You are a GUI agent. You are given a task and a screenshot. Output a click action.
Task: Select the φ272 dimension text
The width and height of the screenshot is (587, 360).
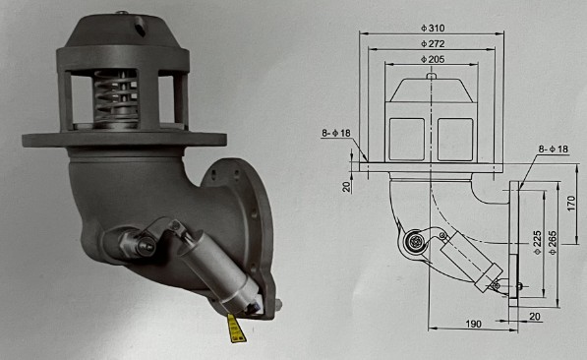point(432,43)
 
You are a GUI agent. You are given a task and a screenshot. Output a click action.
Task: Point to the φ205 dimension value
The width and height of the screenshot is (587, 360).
point(433,60)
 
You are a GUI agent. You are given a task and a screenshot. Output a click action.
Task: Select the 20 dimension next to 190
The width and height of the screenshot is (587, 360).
point(534,317)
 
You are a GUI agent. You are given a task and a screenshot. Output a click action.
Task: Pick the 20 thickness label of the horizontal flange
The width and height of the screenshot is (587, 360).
point(348,186)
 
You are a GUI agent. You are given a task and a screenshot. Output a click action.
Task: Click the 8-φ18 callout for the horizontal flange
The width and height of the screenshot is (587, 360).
point(336,132)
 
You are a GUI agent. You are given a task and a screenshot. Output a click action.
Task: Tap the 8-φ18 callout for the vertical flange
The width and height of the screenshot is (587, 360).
point(554,149)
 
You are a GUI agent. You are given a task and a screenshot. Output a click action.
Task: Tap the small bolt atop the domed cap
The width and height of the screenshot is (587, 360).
point(120,13)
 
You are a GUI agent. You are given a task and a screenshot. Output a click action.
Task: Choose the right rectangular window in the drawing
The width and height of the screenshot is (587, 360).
point(454,139)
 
